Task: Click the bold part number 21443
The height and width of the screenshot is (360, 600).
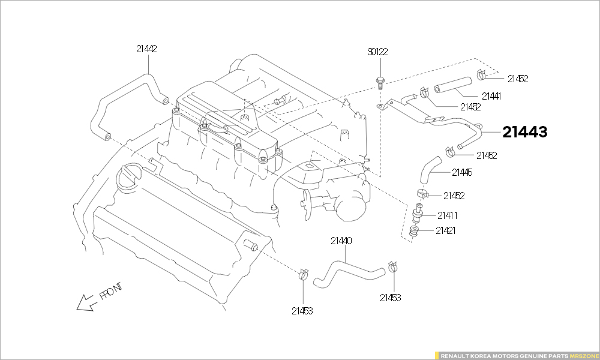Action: (525, 132)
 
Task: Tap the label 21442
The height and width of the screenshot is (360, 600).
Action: (146, 49)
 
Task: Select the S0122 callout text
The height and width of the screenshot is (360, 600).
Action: (377, 52)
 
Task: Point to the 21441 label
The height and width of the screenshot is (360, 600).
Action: (491, 96)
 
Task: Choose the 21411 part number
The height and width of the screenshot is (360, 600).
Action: (448, 215)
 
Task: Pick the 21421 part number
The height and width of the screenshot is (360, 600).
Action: (446, 230)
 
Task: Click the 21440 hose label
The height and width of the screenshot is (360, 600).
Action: (341, 241)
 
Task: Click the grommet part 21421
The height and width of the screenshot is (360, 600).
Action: (413, 231)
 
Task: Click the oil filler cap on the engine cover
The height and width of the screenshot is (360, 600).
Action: (130, 177)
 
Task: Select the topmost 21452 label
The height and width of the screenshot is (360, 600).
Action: (517, 79)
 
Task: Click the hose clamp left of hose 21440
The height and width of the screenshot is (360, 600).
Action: (303, 275)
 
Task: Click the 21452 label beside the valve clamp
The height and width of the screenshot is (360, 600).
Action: (454, 196)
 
